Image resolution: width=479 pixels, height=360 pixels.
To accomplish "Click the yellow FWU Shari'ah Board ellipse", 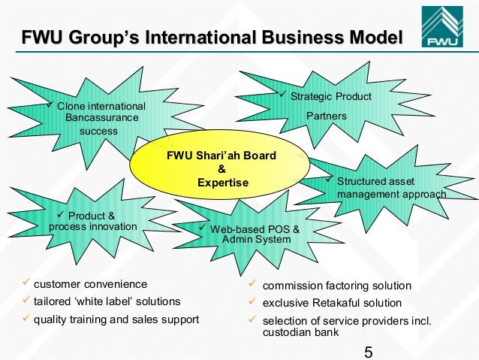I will pos(222,169).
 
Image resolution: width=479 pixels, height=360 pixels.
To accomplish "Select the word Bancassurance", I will pos(102,118).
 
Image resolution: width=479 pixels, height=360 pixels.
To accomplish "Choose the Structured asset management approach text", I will pos(391,188).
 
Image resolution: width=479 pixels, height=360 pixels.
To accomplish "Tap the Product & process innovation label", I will pos(92,221).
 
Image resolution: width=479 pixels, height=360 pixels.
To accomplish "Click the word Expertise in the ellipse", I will pos(222,182).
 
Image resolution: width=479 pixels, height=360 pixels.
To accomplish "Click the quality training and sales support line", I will pos(116,319).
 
